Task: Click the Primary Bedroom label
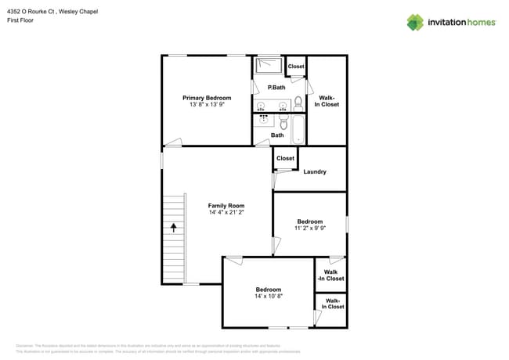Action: [x=207, y=98]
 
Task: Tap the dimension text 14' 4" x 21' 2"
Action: [x=227, y=212]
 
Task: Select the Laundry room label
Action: [x=314, y=172]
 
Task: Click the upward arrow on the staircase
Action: [x=174, y=228]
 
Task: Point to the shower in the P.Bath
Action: [x=269, y=64]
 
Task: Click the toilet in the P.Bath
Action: [x=298, y=102]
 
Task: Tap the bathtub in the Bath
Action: [x=298, y=130]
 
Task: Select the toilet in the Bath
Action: [x=283, y=123]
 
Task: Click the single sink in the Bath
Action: [x=264, y=121]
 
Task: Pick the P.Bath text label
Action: [x=275, y=88]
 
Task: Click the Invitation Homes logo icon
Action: [x=415, y=22]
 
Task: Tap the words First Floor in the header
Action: [x=20, y=20]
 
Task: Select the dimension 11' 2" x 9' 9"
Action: [x=309, y=229]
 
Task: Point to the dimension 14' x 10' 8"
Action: [x=268, y=297]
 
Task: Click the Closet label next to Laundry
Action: [x=285, y=158]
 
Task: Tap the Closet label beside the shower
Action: [x=296, y=67]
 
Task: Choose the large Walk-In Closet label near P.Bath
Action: [x=327, y=101]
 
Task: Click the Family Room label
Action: [x=227, y=205]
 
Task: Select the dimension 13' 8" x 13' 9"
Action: [x=207, y=104]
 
